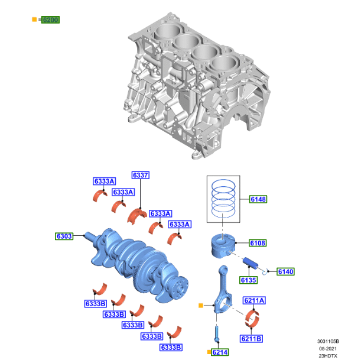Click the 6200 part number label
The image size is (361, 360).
coord(50,20)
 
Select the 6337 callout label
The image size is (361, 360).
coord(141,175)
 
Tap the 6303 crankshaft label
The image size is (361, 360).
coord(64,236)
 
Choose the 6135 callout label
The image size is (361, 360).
coord(248,280)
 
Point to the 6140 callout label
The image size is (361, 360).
coord(285,271)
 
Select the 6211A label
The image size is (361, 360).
coord(254,301)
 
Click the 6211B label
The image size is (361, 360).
coord(252,339)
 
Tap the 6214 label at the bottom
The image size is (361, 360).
coord(220,352)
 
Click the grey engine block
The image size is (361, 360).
coord(195,83)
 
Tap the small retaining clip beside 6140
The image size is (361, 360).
coord(267,271)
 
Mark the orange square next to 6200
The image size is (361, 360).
coord(34,20)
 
